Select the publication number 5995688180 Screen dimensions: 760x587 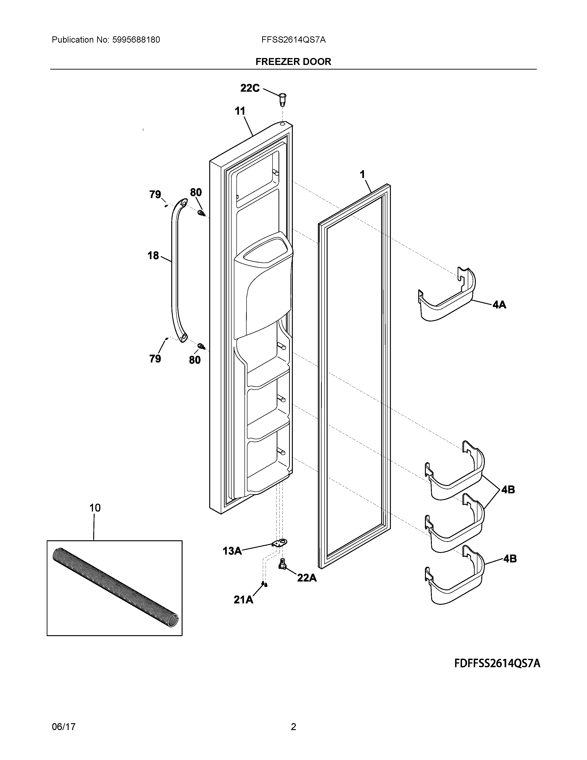coord(136,40)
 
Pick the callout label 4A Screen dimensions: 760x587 coord(499,305)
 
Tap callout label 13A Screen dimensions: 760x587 coord(232,551)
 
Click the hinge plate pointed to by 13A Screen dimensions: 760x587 coord(280,543)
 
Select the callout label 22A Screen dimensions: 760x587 coord(307,578)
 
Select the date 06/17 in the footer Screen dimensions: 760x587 coord(64,727)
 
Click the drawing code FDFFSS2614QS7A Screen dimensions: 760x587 coord(497,664)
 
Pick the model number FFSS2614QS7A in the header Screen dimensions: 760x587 coord(293,40)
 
